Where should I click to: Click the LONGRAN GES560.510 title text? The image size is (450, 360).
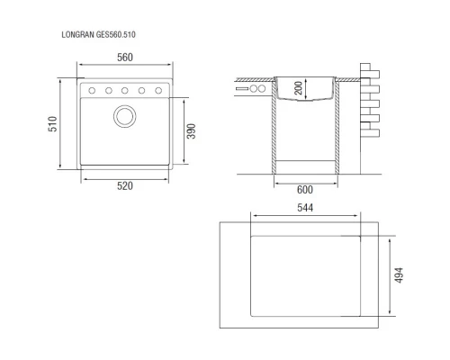98,35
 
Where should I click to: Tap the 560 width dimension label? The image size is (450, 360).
125,58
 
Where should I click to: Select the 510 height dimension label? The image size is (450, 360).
52,124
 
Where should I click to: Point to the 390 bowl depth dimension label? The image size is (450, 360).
191,131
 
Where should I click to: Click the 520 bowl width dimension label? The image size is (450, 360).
125,186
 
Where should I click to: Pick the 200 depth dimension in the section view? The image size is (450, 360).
298,88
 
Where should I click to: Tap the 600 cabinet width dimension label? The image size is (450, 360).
305,190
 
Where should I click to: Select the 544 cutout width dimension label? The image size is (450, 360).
305,208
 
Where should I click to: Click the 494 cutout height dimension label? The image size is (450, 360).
399,275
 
